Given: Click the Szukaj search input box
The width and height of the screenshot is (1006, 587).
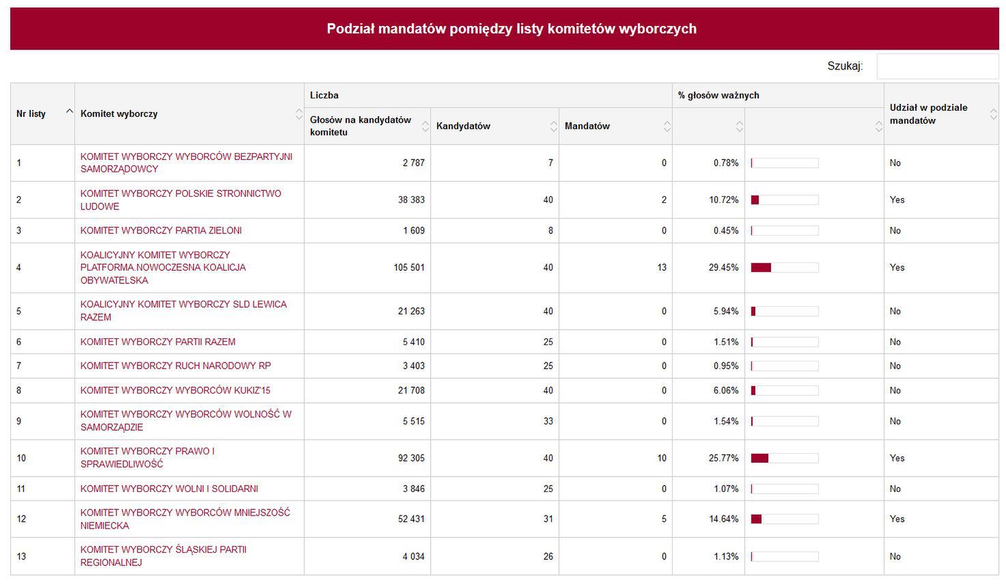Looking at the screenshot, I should (x=937, y=66).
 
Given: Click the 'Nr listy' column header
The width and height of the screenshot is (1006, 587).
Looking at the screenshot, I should (x=31, y=113).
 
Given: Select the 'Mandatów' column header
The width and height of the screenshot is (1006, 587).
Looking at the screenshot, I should (x=587, y=126).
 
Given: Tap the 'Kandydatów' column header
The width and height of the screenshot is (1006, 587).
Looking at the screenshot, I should (x=463, y=126).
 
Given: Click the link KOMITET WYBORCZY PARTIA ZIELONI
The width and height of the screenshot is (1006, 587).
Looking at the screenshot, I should (x=161, y=230).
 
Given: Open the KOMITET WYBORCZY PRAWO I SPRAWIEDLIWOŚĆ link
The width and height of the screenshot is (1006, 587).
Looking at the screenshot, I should (x=148, y=457).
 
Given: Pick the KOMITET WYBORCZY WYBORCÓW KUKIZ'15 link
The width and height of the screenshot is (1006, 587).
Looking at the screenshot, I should (x=176, y=390).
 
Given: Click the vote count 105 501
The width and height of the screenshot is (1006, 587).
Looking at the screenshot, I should (x=409, y=267).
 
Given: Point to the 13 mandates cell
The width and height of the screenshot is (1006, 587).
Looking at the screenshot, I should (x=661, y=267).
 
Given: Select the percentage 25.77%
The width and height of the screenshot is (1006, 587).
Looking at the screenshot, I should (x=723, y=458).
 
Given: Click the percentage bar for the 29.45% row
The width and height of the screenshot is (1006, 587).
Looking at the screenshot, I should (x=784, y=268).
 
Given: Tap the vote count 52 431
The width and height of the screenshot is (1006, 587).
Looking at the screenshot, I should (x=411, y=519).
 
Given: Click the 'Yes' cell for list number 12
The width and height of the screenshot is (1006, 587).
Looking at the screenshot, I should (x=897, y=519).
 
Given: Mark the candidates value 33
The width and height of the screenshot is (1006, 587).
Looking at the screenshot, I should (x=548, y=421).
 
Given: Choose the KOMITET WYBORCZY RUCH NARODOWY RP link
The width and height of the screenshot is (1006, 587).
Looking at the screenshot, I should (x=176, y=366).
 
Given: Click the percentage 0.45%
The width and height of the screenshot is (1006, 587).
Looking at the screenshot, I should (x=726, y=230).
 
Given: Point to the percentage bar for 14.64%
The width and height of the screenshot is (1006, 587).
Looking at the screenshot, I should (x=784, y=519).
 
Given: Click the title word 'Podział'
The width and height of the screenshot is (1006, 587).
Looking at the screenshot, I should (x=350, y=29).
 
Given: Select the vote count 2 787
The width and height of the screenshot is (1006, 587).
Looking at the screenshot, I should (x=413, y=163).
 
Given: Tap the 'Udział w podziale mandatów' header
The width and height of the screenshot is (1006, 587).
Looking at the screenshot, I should (x=928, y=113).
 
